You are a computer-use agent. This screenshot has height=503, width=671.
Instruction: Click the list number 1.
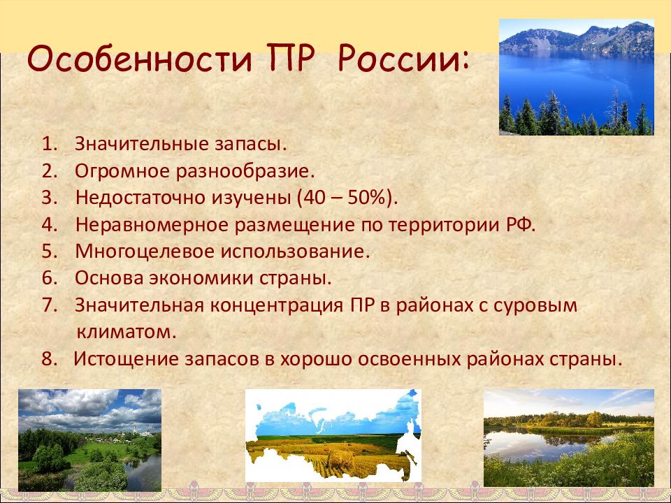[x=49, y=144]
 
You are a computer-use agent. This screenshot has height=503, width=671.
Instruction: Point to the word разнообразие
[x=245, y=172]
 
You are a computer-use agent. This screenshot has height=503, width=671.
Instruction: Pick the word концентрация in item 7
[x=277, y=306]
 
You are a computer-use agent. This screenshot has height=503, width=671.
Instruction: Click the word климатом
[x=127, y=333]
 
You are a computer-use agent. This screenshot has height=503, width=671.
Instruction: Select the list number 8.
[x=49, y=359]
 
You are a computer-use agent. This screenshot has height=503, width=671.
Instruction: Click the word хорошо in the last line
[x=316, y=359]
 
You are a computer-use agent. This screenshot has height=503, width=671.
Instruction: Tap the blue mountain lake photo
[x=577, y=77]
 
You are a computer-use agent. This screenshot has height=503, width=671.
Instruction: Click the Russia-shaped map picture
[x=333, y=436]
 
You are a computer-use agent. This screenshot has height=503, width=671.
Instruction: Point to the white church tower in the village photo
[x=135, y=429]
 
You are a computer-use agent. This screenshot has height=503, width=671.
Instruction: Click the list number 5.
[x=49, y=251]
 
